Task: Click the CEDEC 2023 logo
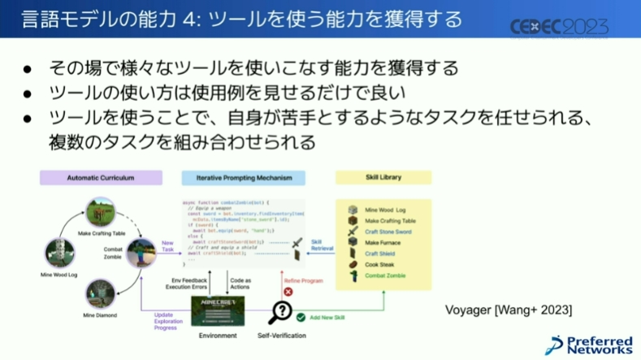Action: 558,27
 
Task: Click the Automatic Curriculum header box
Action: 100,176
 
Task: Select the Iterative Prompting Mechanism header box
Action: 244,176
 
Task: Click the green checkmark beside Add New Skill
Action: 301,318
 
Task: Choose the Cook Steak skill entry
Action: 380,265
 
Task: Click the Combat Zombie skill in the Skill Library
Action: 385,276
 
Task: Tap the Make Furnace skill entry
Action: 383,243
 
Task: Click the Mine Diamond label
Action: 99,315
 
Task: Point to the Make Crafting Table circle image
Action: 101,213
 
